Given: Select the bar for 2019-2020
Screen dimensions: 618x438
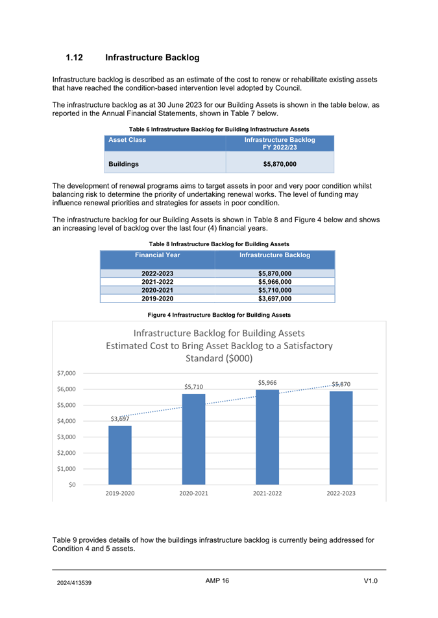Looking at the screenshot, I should tap(120, 455).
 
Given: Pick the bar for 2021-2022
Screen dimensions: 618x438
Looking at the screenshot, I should tap(267, 437).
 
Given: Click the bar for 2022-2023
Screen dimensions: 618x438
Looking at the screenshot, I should tap(341, 437).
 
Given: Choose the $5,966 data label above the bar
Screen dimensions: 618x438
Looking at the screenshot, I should tap(267, 383).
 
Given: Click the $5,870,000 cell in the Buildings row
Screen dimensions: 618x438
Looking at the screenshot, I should tap(280, 165).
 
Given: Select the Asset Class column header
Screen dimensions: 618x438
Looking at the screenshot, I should tap(127, 140).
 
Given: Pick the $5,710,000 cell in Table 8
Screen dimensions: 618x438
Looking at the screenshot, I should tap(274, 290).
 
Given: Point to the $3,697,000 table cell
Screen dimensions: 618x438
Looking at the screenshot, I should tap(274, 299).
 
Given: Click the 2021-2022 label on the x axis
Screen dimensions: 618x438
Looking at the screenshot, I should tap(267, 494).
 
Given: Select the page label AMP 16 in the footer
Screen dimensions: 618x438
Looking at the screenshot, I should tap(217, 580).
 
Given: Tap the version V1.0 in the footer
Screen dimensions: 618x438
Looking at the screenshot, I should tap(371, 580).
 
